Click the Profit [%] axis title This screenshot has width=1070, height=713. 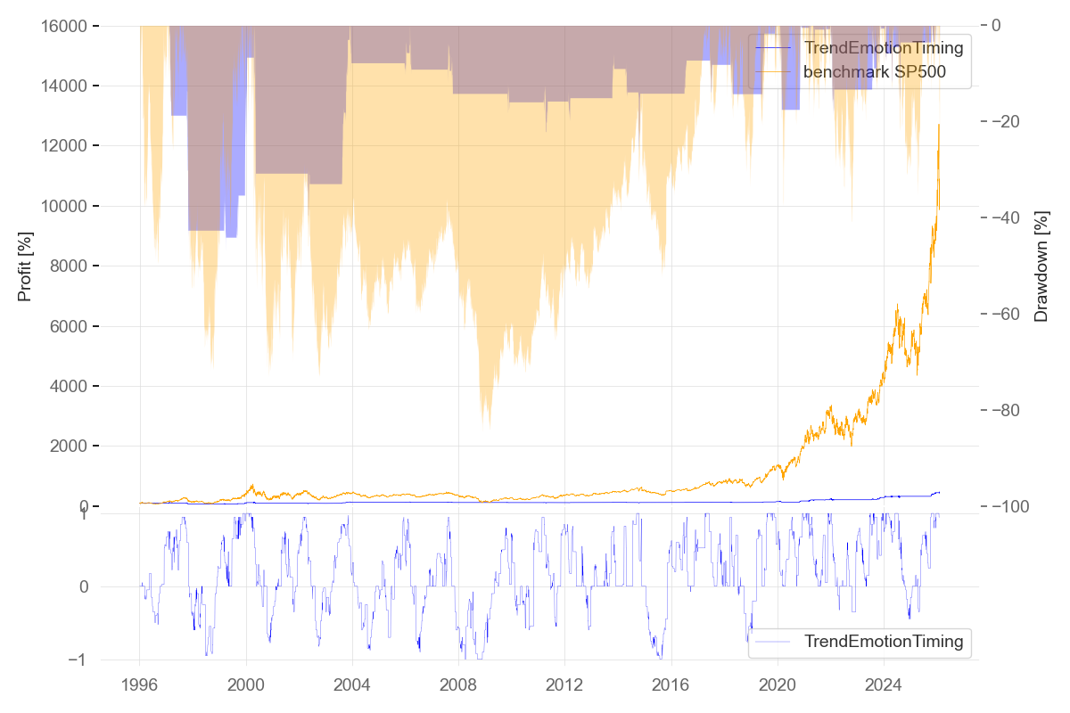point(25,266)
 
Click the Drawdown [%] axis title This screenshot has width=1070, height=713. point(1041,266)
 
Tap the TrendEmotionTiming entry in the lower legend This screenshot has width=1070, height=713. point(884,641)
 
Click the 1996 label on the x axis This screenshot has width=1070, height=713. point(139,687)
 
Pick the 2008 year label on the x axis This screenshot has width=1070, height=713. point(458,687)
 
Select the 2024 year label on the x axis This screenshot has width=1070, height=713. point(884,687)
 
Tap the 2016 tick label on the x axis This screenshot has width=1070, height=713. point(671,687)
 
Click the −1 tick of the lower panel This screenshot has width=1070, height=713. point(78,660)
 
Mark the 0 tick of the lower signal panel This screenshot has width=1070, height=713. point(83,586)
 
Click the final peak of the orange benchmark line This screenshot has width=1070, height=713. point(939,125)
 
